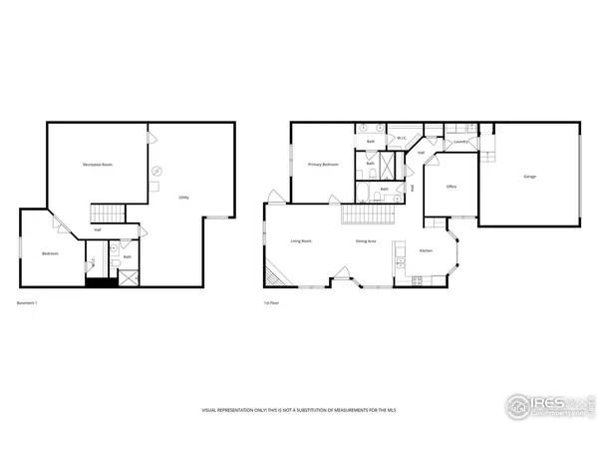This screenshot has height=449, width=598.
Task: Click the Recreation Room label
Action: pyautogui.click(x=97, y=164)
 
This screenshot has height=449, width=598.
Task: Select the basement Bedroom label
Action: pyautogui.click(x=50, y=253)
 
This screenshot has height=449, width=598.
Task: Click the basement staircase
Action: pyautogui.click(x=107, y=212)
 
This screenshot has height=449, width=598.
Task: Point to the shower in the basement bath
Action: pyautogui.click(x=129, y=278)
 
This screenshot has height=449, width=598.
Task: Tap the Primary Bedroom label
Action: pyautogui.click(x=323, y=164)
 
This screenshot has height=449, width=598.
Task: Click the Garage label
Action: pyautogui.click(x=529, y=177)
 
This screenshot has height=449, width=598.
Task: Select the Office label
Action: pyautogui.click(x=451, y=187)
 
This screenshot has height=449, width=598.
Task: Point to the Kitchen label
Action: pyautogui.click(x=426, y=250)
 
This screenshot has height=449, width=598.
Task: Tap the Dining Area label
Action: pyautogui.click(x=366, y=241)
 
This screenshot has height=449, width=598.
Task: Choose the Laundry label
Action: pyautogui.click(x=460, y=143)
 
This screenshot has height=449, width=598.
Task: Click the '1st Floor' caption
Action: pyautogui.click(x=271, y=303)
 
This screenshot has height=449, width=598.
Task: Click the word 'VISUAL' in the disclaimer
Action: pyautogui.click(x=211, y=410)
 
